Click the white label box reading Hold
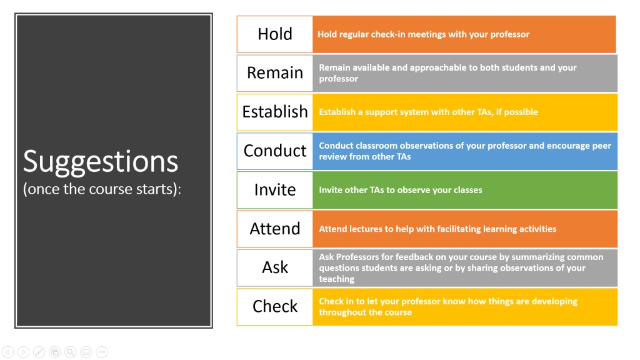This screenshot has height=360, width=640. (x=275, y=34)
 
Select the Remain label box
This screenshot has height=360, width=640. (x=275, y=73)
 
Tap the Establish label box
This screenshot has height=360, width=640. (x=275, y=112)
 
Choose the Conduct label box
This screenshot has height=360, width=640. (x=275, y=151)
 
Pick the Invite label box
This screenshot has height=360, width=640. (x=275, y=190)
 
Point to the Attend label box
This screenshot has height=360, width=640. (x=275, y=229)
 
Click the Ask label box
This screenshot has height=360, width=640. (x=275, y=267)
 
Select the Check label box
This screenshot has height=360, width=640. (x=275, y=307)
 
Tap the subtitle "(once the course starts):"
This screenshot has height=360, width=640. (x=102, y=189)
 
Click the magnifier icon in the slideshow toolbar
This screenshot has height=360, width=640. (x=70, y=352)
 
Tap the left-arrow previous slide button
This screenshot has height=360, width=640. (x=7, y=352)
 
